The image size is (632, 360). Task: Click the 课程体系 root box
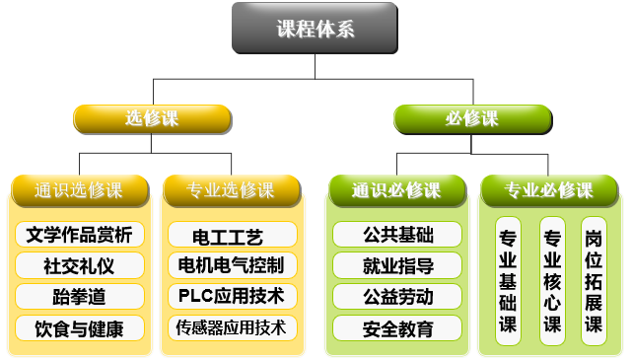(x=316, y=29)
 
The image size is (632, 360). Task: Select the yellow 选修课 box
(x=152, y=119)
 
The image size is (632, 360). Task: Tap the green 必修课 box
(x=471, y=119)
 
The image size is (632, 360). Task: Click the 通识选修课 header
(x=79, y=189)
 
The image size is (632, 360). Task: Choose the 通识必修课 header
(x=396, y=189)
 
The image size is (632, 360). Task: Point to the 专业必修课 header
(x=549, y=189)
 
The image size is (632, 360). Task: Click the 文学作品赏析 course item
(x=80, y=235)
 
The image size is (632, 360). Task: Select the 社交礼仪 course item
(x=80, y=266)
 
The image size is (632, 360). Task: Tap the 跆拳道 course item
(x=80, y=297)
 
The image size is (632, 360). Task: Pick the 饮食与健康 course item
(x=80, y=328)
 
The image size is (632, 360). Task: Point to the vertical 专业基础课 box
(x=509, y=281)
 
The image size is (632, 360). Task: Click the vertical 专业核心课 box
(x=552, y=281)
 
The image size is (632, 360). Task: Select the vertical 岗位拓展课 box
(x=594, y=281)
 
